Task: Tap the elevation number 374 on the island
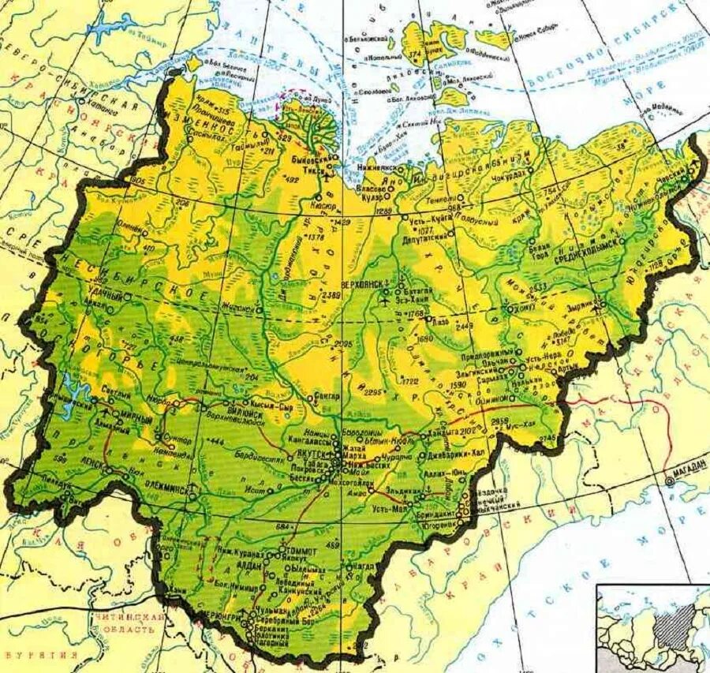[x=413, y=54]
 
